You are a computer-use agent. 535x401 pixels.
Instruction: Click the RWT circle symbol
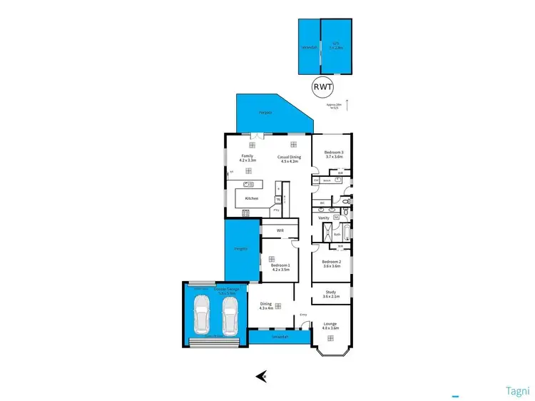pyautogui.click(x=321, y=87)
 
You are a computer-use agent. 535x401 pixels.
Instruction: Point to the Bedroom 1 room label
pyautogui.click(x=279, y=267)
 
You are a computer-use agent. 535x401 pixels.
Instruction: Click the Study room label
pyautogui.click(x=330, y=294)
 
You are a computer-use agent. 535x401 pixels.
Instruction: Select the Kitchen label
pyautogui.click(x=251, y=198)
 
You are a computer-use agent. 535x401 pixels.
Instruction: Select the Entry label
pyautogui.click(x=302, y=315)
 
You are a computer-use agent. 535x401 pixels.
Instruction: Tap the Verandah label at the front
pyautogui.click(x=279, y=338)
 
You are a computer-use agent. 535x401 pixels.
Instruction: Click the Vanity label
pyautogui.click(x=323, y=218)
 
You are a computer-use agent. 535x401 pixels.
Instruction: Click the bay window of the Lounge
pyautogui.click(x=330, y=351)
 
